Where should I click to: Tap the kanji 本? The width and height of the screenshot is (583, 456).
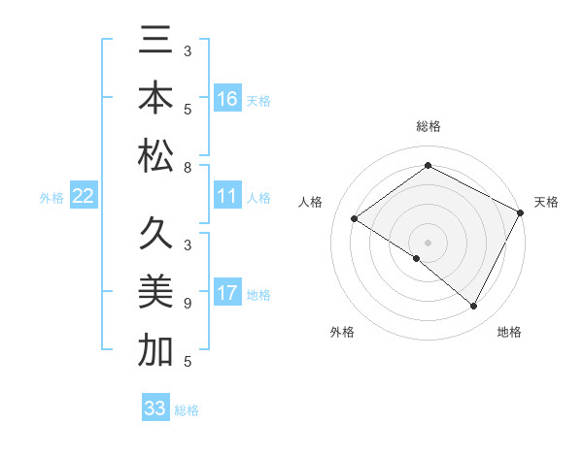point(155,101)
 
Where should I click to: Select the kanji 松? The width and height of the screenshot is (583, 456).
point(155,155)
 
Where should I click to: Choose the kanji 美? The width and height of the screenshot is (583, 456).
point(155,293)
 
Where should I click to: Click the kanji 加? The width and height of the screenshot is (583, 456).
point(155,350)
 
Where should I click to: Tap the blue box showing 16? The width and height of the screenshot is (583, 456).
point(227,99)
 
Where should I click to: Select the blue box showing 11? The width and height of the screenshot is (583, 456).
point(227,197)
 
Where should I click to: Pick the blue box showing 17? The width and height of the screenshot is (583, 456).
point(227,293)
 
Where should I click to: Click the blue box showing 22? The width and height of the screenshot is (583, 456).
point(84,197)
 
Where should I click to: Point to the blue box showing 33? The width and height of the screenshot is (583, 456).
point(154,408)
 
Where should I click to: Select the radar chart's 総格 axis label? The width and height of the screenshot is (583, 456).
point(428,126)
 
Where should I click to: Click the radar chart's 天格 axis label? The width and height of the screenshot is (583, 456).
point(546,202)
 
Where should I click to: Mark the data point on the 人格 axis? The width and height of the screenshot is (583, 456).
point(354,218)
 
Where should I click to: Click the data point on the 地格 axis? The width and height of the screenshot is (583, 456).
point(474,307)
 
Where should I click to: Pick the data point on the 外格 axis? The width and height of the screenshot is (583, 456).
point(417,258)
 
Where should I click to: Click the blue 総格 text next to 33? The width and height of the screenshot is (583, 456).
point(187,410)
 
